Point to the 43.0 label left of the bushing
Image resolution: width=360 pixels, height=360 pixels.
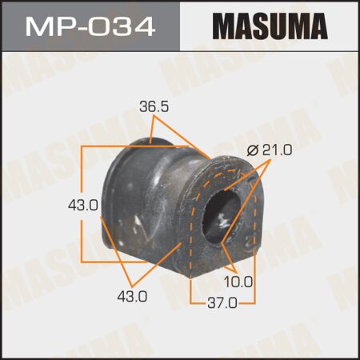pyautogui.click(x=83, y=205)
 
